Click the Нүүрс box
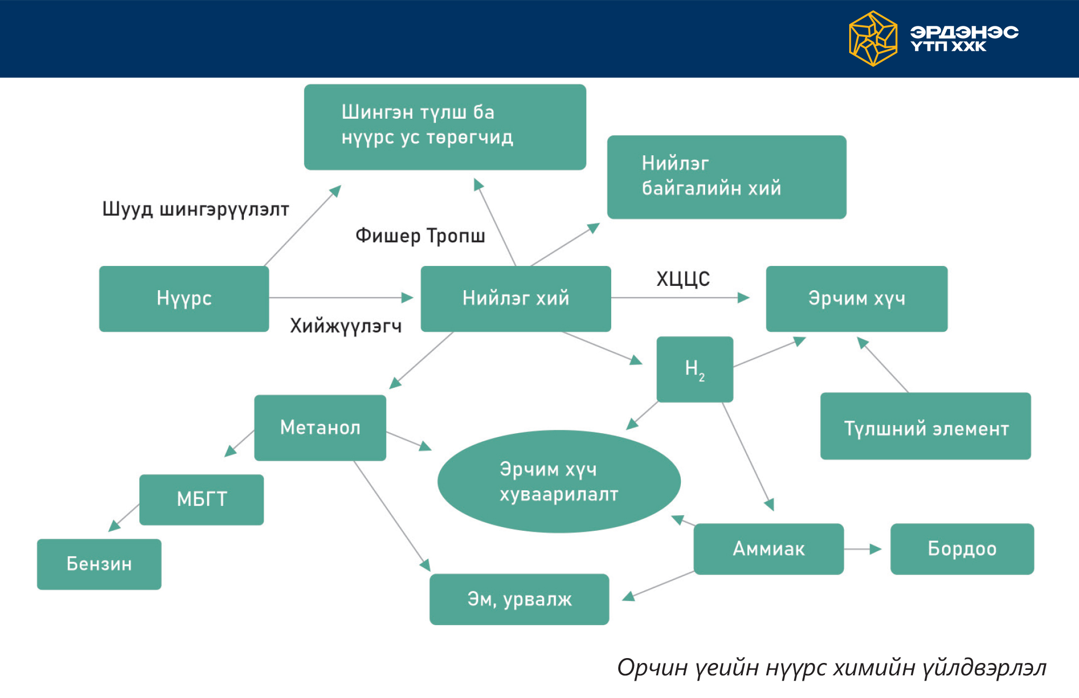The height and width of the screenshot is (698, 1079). [x=184, y=298]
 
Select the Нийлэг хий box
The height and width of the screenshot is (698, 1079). [x=516, y=298]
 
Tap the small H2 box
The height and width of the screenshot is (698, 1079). [x=695, y=369]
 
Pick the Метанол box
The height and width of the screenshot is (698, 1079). [x=320, y=428]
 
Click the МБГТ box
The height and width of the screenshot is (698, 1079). [x=201, y=499]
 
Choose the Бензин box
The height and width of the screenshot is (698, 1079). [x=99, y=564]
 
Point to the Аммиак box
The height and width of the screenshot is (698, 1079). [x=769, y=549]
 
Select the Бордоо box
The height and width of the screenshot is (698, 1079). [x=962, y=549]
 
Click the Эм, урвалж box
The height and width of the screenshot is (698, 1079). [x=520, y=599]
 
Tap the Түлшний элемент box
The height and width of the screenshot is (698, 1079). [x=926, y=426]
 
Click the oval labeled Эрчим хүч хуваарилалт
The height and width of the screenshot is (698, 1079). [x=559, y=481]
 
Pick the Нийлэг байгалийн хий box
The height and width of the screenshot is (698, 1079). [x=727, y=177]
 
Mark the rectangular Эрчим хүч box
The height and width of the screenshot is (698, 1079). [x=857, y=298]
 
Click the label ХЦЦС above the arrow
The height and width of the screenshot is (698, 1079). [x=683, y=279]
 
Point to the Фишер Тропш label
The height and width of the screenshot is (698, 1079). [x=420, y=236]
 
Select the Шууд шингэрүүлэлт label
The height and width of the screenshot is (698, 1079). [x=196, y=209]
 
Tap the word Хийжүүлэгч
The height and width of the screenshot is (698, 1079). [x=346, y=326]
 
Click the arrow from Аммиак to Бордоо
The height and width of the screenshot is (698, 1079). [x=863, y=549]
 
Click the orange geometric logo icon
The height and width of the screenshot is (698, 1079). [x=873, y=39]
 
